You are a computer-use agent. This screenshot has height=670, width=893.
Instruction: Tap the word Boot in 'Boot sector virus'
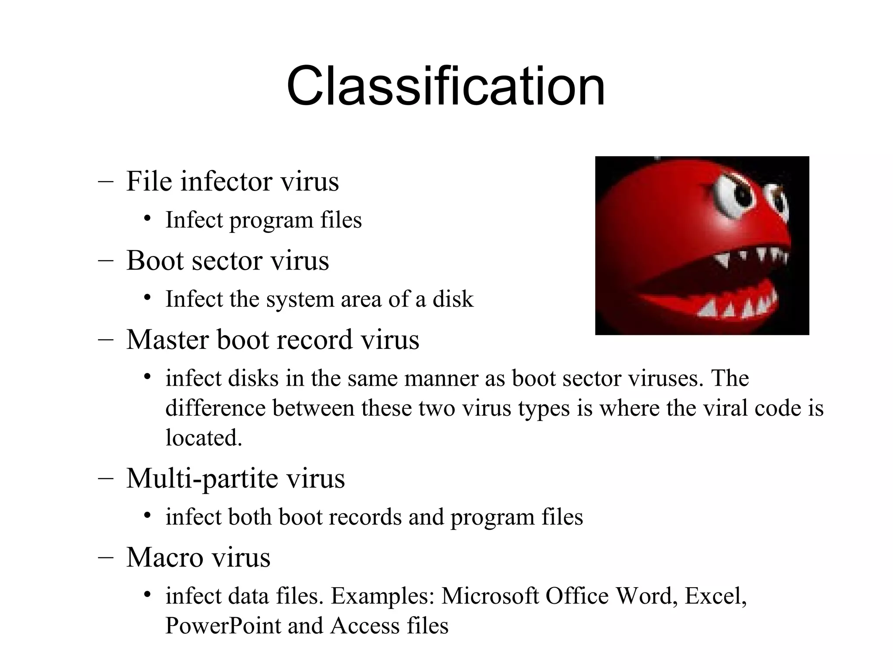point(154,260)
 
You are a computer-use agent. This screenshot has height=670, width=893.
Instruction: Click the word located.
point(204,438)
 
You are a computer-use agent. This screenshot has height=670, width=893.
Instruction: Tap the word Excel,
point(716,596)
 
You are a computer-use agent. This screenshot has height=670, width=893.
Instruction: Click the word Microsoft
point(490,596)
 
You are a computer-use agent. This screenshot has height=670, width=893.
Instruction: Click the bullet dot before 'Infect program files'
point(147,219)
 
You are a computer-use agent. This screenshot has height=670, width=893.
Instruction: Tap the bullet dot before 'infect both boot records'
point(147,516)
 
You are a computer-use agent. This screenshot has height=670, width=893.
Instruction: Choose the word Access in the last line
point(365,626)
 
